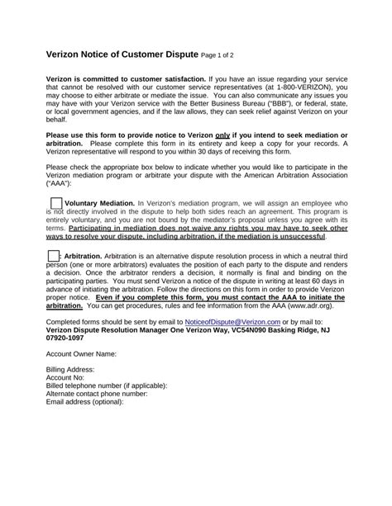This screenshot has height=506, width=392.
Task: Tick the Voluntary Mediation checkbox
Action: (55, 203)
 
